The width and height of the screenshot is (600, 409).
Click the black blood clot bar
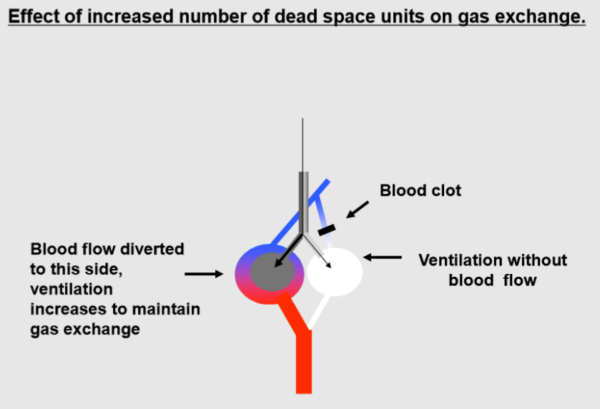327,230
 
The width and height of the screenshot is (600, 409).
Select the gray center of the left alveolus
270,271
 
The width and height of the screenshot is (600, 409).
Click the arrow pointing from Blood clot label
358,209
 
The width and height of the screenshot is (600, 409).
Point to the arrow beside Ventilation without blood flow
383,257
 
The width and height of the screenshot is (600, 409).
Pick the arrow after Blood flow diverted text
204,273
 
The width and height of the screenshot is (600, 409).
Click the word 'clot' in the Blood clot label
443,191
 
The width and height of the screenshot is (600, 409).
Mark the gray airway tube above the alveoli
303,200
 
